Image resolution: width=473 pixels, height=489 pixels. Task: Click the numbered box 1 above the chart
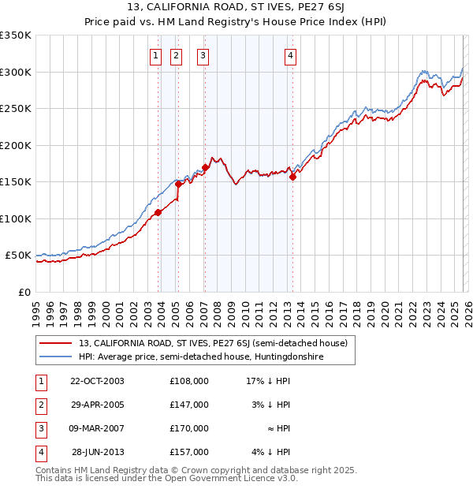(155, 55)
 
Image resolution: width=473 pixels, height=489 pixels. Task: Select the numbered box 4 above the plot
(291, 55)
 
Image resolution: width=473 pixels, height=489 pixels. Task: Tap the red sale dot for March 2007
(205, 167)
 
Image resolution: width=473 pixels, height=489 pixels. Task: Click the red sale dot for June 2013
(292, 177)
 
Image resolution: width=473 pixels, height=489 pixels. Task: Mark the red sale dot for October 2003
(158, 212)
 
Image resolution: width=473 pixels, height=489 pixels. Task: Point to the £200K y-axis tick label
(16, 145)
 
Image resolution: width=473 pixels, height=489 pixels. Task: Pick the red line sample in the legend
(56, 343)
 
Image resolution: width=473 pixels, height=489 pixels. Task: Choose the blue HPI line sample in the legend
(56, 356)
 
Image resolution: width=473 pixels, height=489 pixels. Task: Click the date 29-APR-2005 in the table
(97, 404)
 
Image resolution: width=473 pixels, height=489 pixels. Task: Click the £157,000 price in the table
(189, 452)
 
